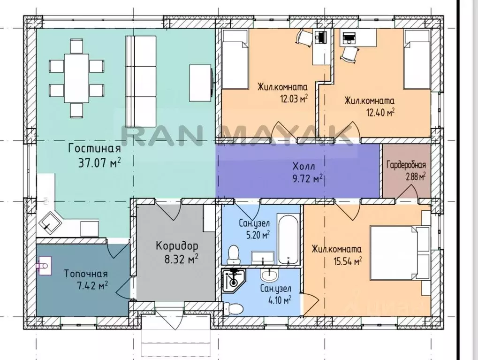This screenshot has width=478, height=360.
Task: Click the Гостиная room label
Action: pos(94,149)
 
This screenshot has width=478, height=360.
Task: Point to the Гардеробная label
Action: pos(406,165)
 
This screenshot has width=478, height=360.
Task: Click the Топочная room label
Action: pos(86,274)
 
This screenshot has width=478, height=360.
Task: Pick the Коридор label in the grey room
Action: pos(177,245)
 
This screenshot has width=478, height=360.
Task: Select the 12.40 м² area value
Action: pos(380,113)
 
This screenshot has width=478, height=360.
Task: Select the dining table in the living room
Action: pos(76,78)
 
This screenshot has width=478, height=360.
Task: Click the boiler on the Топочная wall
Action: pos(44,266)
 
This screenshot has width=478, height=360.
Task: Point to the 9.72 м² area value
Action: pos(307,179)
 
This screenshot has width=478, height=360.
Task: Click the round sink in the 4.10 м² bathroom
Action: pos(269,276)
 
